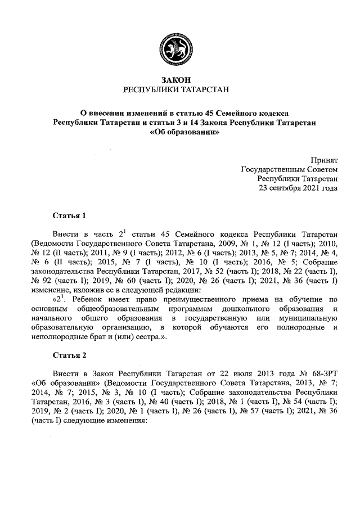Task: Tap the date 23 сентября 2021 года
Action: coord(298,188)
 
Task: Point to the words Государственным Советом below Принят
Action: coord(289,169)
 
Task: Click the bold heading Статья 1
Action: coord(69,215)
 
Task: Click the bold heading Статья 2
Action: coord(69,355)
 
